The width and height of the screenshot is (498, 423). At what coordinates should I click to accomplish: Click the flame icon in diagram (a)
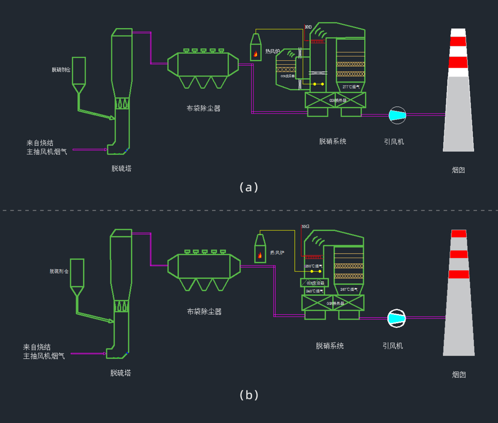tap(256, 54)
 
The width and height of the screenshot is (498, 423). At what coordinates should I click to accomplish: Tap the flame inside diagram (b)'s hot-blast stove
tap(260, 255)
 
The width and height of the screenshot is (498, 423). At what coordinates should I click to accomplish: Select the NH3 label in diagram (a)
tap(308, 27)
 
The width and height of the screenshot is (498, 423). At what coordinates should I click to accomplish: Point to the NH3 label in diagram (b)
tap(305, 227)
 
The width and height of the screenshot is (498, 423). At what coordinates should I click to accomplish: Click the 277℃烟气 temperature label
tap(351, 87)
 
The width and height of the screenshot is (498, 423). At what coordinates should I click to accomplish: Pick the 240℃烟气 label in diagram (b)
tap(314, 291)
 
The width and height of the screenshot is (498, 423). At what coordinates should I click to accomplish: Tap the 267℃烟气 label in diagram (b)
tap(349, 289)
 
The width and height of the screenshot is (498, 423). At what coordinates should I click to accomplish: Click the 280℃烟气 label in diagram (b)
tap(314, 266)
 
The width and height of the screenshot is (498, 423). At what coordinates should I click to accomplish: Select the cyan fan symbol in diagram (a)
tap(397, 115)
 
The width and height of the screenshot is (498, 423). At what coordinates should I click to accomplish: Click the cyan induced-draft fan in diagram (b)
tap(396, 318)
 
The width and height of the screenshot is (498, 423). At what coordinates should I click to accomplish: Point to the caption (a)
tap(249, 187)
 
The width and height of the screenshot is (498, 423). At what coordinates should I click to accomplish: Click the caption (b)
tap(249, 395)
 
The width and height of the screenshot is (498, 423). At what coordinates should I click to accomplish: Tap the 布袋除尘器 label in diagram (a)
tap(203, 108)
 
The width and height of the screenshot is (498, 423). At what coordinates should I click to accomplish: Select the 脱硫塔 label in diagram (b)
tap(121, 373)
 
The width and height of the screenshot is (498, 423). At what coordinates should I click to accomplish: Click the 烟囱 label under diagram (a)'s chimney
tap(458, 170)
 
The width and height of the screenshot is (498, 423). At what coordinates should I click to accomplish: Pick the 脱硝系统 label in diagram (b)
tap(330, 346)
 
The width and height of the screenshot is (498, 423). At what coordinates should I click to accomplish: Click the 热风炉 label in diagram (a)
tap(272, 51)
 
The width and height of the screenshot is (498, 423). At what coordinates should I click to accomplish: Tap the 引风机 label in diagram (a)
tap(394, 142)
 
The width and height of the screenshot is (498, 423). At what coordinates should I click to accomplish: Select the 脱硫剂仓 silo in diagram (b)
tap(77, 273)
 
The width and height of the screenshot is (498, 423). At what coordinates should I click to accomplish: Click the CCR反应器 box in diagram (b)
tap(315, 283)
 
